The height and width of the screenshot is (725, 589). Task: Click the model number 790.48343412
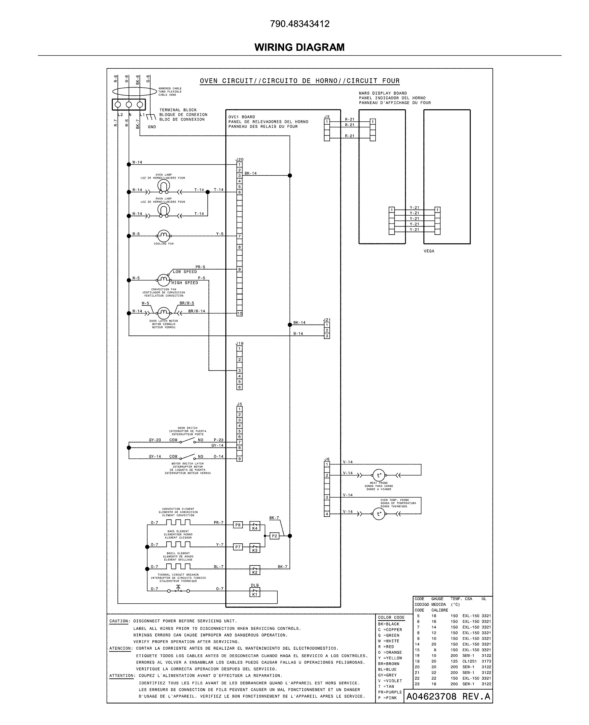tap(300, 24)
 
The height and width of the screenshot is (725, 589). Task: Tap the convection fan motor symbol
tap(164, 280)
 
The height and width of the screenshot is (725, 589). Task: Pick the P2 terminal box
tap(274, 536)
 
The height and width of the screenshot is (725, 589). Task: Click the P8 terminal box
tap(238, 525)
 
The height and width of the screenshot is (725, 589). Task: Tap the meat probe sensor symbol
tap(379, 475)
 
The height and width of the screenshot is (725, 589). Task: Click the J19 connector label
tap(239, 343)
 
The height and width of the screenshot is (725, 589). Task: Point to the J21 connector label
tap(326, 320)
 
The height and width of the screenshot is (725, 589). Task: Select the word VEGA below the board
tap(429, 251)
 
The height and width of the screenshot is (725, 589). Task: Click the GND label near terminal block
tap(152, 127)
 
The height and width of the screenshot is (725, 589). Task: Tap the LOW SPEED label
tap(185, 272)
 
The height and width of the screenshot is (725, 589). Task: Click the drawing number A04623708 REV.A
tap(448, 697)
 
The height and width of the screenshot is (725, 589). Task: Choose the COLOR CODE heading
tap(391, 617)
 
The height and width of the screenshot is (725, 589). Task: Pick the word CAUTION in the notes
tap(119, 621)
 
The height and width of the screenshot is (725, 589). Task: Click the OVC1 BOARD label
tap(241, 117)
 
